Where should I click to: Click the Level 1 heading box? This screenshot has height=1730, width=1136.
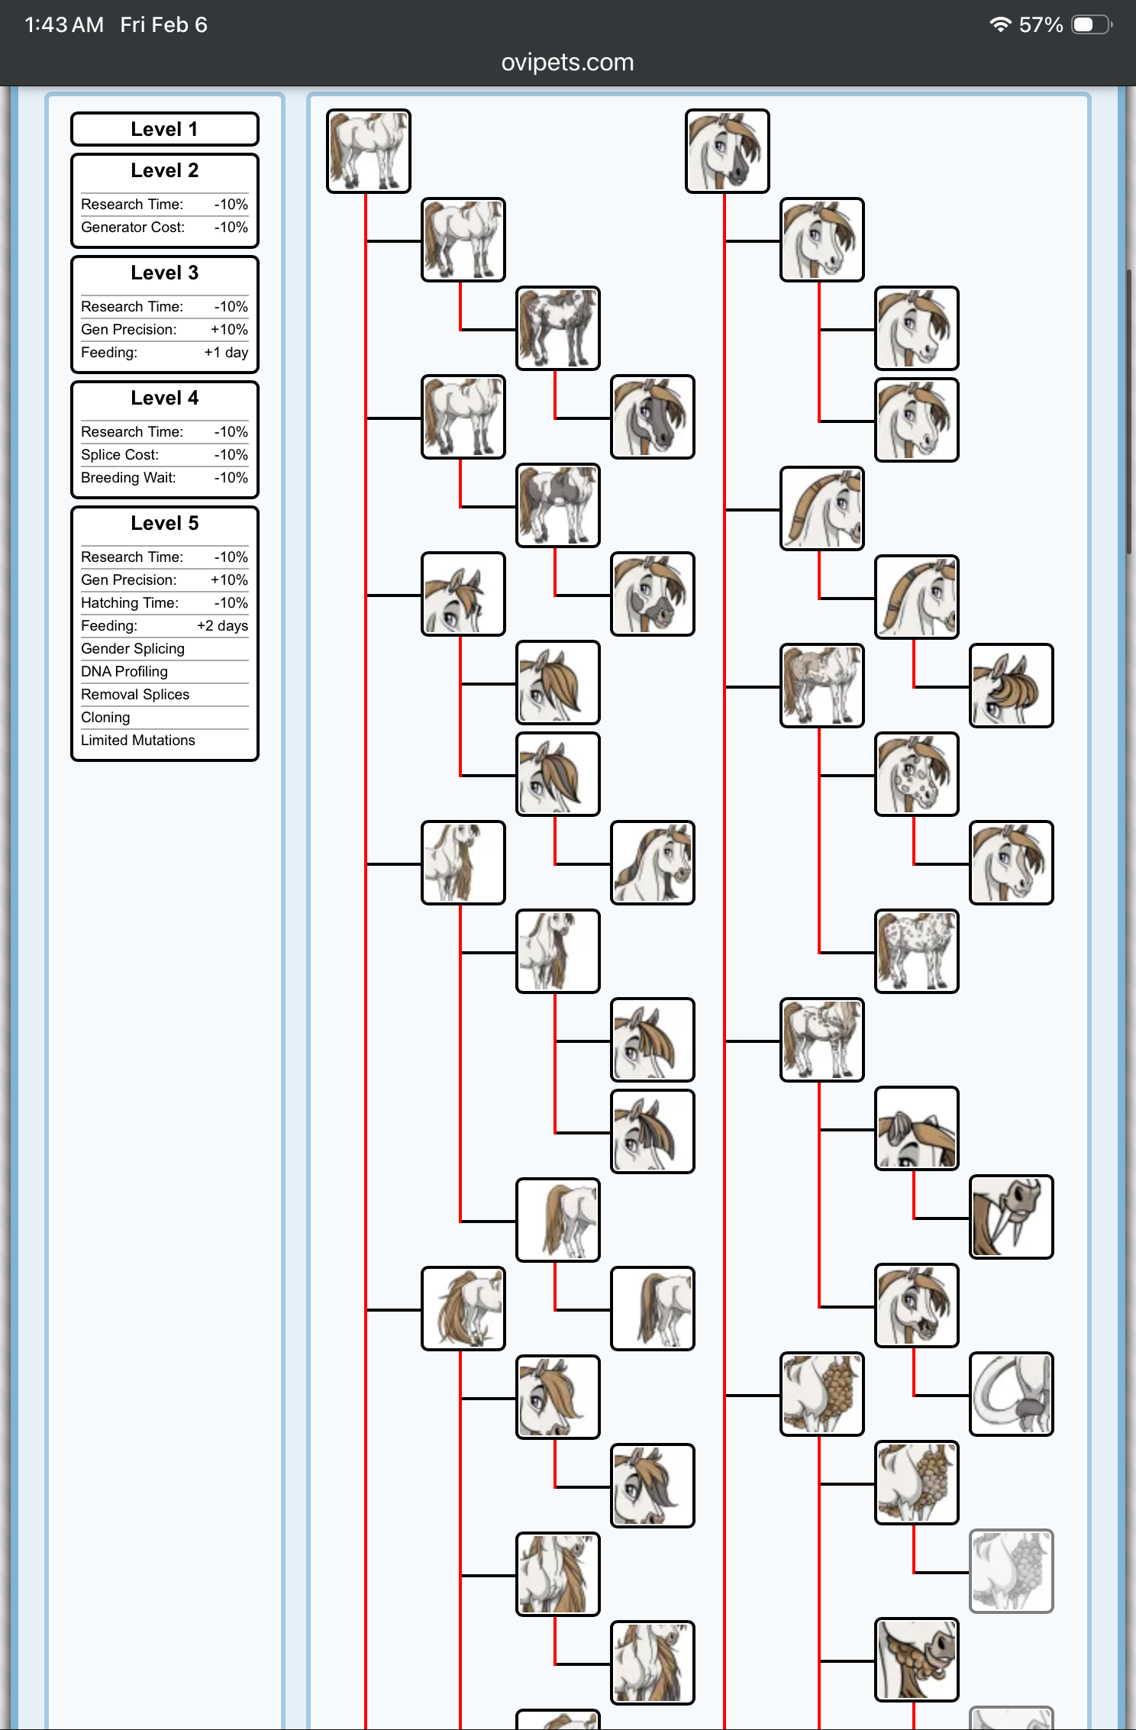(164, 129)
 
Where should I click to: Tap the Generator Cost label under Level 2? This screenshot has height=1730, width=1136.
(133, 228)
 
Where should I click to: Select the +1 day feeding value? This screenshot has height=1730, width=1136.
(226, 353)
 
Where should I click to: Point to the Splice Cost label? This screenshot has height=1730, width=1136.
(120, 455)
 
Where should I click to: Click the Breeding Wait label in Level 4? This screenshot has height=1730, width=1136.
(128, 478)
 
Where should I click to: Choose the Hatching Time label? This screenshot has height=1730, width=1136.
(130, 603)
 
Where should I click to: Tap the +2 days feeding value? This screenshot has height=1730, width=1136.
(222, 626)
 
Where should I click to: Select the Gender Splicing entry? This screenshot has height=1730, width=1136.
(133, 649)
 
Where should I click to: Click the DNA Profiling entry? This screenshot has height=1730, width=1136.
(124, 672)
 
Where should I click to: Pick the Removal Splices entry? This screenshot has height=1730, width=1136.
(135, 695)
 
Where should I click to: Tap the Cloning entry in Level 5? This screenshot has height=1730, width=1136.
(105, 718)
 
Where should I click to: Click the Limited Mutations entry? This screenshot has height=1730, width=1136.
(138, 741)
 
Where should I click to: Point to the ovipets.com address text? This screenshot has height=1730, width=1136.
(567, 62)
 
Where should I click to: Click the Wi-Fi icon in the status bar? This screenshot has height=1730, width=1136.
(999, 24)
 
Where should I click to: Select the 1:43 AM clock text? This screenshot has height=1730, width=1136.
(64, 24)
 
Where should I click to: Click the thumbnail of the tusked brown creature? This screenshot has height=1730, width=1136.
(1011, 1217)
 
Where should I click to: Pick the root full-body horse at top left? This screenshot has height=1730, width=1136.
(369, 151)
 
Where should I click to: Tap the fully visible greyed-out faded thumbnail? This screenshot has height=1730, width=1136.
(1011, 1571)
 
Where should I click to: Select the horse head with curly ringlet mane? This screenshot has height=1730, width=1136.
(1011, 686)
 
